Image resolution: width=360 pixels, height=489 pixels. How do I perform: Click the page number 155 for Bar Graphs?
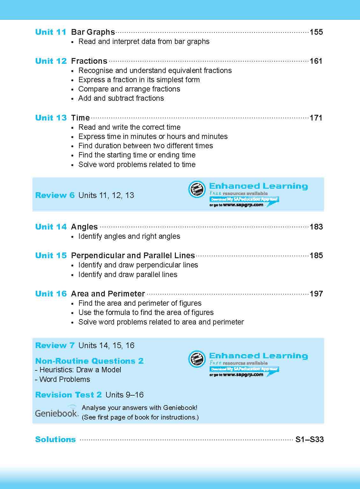pyautogui.click(x=316, y=32)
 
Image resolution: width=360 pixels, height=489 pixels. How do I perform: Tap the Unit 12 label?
pyautogui.click(x=51, y=61)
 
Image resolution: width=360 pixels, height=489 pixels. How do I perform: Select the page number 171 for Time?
pyautogui.click(x=316, y=118)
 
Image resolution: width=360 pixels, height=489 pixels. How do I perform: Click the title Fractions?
pyautogui.click(x=89, y=61)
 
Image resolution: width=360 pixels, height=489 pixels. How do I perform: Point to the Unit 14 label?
pyautogui.click(x=51, y=227)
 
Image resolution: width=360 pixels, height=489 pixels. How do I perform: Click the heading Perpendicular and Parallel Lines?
pyautogui.click(x=133, y=256)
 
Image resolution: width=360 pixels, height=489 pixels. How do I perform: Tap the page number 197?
pyautogui.click(x=316, y=294)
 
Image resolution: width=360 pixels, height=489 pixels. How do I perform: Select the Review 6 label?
pyautogui.click(x=55, y=195)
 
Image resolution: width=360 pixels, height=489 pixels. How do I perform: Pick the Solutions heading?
pyautogui.click(x=55, y=440)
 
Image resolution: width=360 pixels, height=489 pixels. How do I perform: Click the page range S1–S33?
pyautogui.click(x=309, y=440)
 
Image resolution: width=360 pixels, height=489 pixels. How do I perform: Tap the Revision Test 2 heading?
pyautogui.click(x=68, y=395)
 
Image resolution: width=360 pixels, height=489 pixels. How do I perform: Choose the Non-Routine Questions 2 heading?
pyautogui.click(x=90, y=361)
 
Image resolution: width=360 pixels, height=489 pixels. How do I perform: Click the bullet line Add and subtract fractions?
pyautogui.click(x=121, y=98)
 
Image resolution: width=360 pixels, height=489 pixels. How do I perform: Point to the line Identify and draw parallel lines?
pyautogui.click(x=128, y=274)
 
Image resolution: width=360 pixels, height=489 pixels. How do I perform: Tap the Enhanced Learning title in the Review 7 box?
pyautogui.click(x=258, y=356)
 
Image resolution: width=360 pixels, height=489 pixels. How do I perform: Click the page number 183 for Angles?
pyautogui.click(x=316, y=227)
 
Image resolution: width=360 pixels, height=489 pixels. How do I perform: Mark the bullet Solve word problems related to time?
pyautogui.click(x=137, y=164)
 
